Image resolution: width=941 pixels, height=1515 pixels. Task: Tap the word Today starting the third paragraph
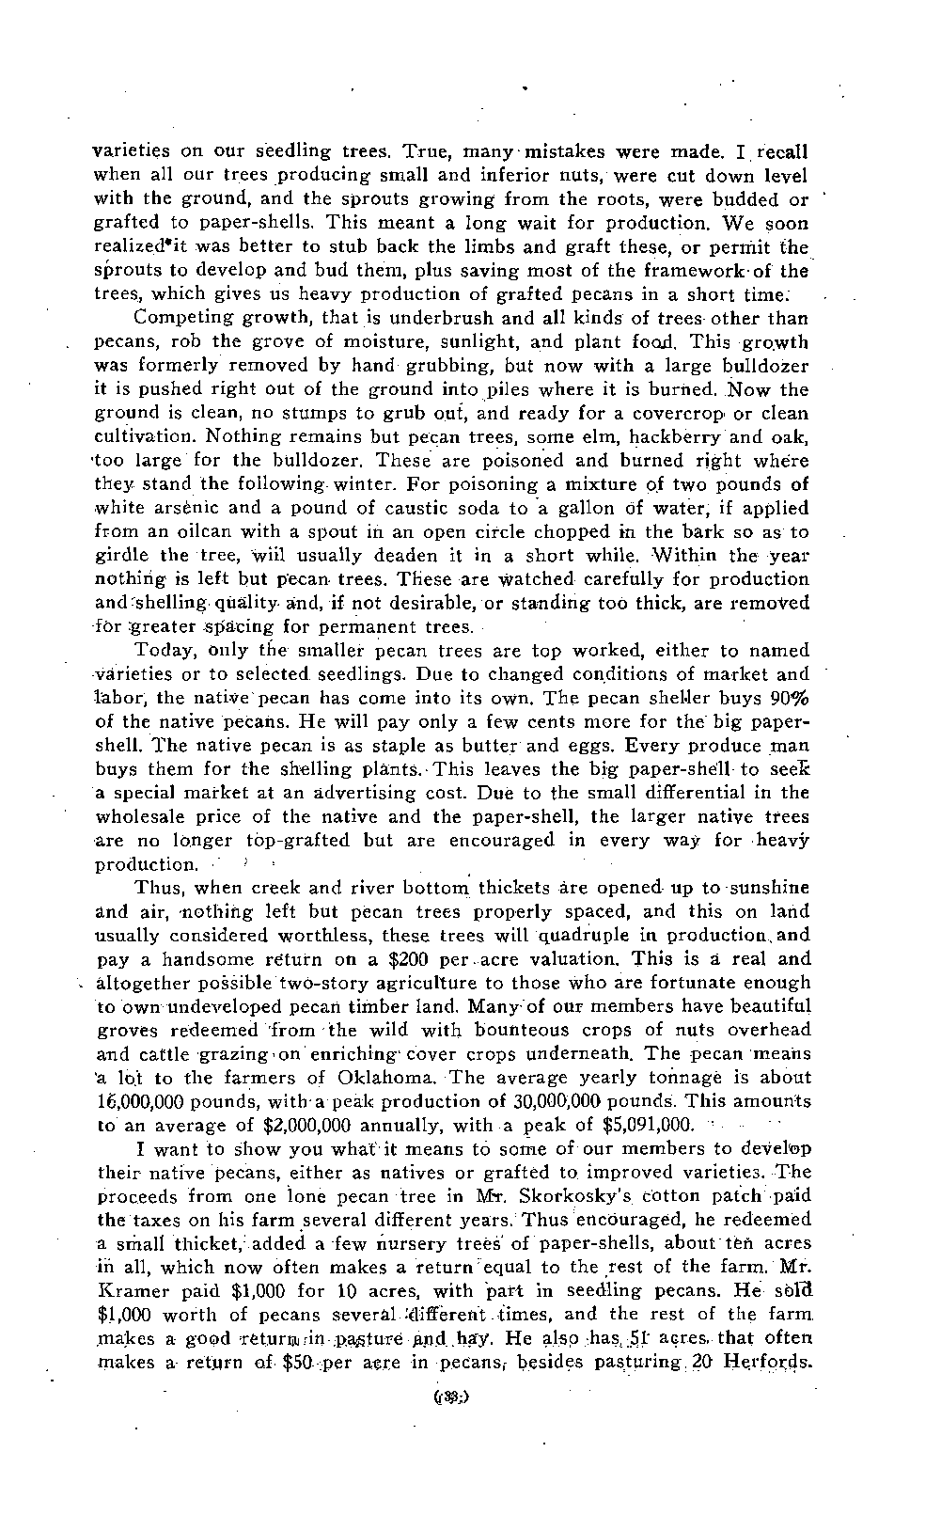tap(164, 651)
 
